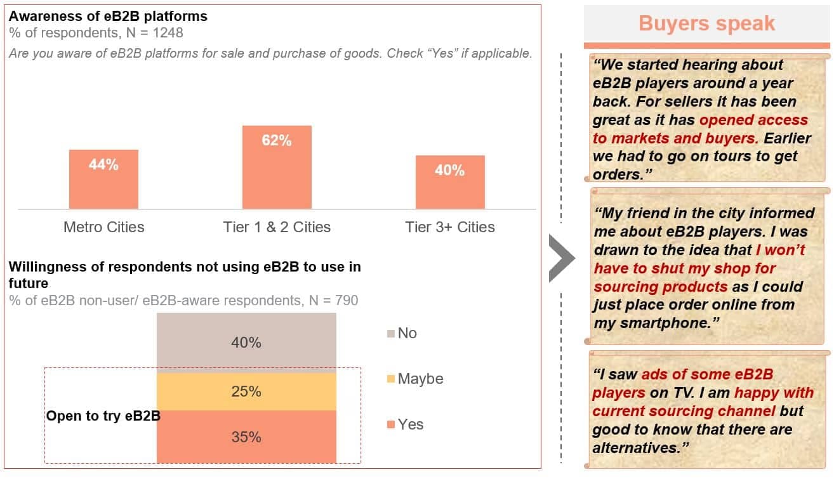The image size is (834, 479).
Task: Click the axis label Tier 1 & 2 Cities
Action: [277, 227]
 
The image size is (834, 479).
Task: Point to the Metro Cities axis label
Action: [103, 227]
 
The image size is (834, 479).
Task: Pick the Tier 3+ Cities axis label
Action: [450, 227]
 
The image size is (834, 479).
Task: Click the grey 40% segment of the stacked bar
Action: [246, 343]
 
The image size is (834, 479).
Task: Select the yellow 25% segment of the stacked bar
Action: [246, 391]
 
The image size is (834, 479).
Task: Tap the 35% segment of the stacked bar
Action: [246, 436]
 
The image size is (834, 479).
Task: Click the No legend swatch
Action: [390, 334]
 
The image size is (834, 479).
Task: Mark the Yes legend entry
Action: [409, 424]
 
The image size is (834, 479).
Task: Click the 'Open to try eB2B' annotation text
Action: [103, 416]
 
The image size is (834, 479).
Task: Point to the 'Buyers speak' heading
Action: [706, 23]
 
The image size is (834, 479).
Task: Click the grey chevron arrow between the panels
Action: [562, 258]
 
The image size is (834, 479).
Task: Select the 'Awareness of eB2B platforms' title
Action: [108, 16]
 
